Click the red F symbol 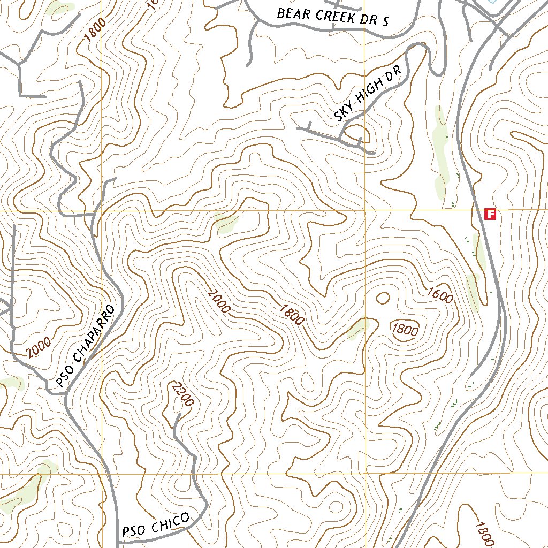[490, 214]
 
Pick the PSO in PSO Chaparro [64, 378]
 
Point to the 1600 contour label [440, 294]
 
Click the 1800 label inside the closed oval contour [405, 330]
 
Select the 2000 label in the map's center [219, 301]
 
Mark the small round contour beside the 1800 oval [383, 298]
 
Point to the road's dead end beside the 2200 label [176, 415]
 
